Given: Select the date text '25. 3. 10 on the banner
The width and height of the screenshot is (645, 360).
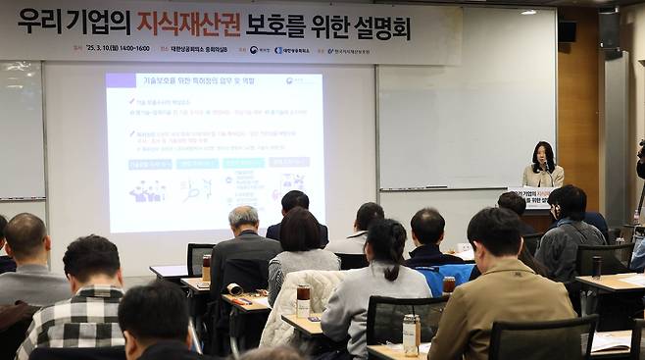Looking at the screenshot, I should tap(104, 48).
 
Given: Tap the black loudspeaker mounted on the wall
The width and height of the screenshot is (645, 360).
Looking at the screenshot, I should tap(567, 30).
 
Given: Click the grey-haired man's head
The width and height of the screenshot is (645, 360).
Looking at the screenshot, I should tap(243, 219).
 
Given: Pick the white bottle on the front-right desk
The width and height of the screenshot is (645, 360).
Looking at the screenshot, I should tap(411, 334).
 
